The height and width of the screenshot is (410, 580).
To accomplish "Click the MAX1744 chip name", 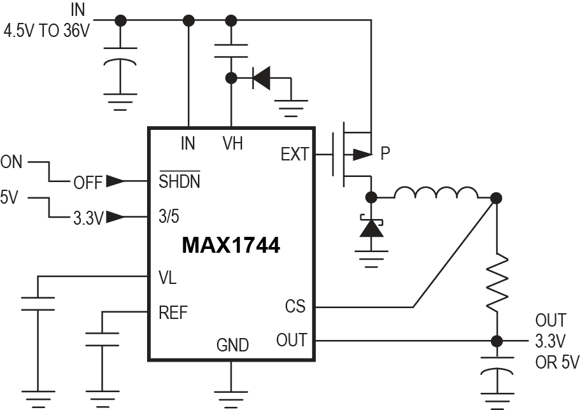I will coord(230,246).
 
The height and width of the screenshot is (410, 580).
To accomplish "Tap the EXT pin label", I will coord(294,154).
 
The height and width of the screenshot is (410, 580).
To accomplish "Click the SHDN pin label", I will coord(180,182).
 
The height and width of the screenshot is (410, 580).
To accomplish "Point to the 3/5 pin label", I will coord(169,216).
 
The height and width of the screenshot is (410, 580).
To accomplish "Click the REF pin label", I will coord(173,312).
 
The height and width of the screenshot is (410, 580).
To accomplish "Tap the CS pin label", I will coord(295,307).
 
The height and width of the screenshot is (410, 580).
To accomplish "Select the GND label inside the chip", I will coord(232,345).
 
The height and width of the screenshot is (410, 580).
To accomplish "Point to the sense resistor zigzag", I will coord(497,282).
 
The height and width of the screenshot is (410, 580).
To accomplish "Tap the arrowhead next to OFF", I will coord(115,182).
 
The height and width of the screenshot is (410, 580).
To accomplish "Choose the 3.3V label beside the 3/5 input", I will coord(87,218).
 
